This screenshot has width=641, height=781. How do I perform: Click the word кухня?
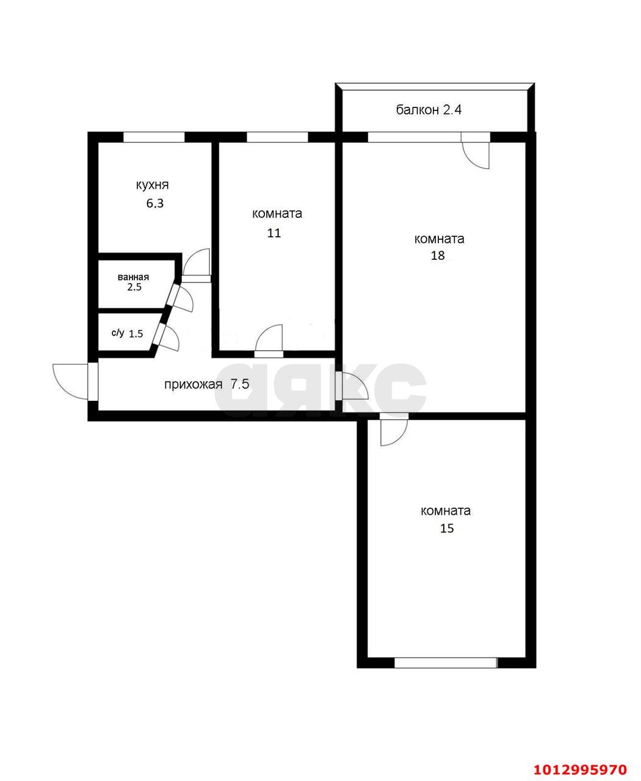pyautogui.click(x=152, y=185)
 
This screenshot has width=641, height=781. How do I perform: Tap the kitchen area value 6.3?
pyautogui.click(x=155, y=203)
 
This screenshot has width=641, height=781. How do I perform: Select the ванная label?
pyautogui.click(x=133, y=277)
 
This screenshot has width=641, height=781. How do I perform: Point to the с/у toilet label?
pyautogui.click(x=118, y=333)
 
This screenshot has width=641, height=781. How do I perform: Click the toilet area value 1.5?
pyautogui.click(x=136, y=334)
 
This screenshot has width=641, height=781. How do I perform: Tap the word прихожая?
pyautogui.click(x=194, y=385)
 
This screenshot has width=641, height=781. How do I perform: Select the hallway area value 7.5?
pyautogui.click(x=240, y=384)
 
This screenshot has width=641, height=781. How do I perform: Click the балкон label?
pyautogui.click(x=418, y=110)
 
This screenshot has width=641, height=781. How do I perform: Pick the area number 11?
pyautogui.click(x=274, y=233)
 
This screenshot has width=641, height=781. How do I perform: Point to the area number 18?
pyautogui.click(x=438, y=255)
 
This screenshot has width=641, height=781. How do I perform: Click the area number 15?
pyautogui.click(x=447, y=528)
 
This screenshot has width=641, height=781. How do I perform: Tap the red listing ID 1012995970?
pyautogui.click(x=580, y=766)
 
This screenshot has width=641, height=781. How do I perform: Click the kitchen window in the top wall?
pyautogui.click(x=154, y=137)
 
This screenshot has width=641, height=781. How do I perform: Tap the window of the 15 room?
pyautogui.click(x=446, y=663)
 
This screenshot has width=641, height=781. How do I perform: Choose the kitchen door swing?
pyautogui.click(x=197, y=264)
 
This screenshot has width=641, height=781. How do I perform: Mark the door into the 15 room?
pyautogui.click(x=394, y=430)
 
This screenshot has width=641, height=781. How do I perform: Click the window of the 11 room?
pyautogui.click(x=278, y=137)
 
